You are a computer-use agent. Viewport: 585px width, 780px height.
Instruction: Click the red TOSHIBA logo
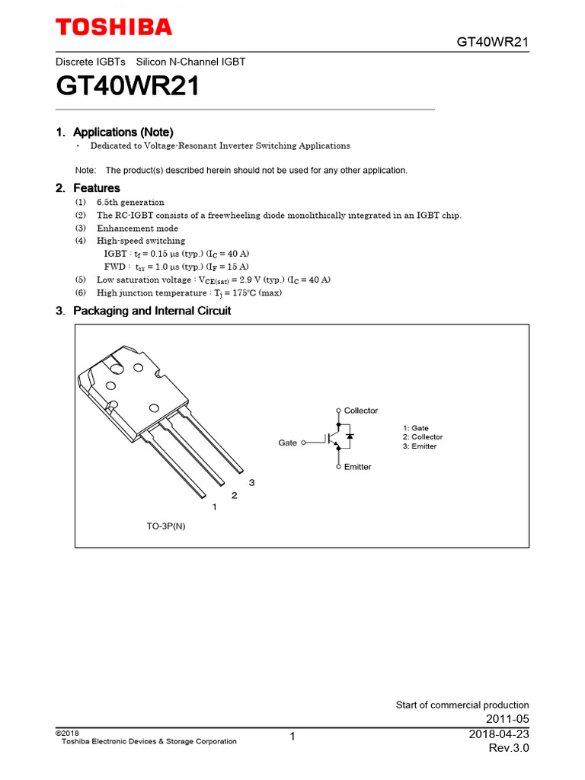click(114, 28)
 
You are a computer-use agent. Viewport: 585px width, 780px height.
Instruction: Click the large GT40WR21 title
click(128, 87)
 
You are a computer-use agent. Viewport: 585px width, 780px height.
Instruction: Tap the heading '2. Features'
click(88, 187)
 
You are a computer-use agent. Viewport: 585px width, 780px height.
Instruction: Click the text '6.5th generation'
click(130, 203)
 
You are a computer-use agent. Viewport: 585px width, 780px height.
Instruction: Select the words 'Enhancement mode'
click(137, 229)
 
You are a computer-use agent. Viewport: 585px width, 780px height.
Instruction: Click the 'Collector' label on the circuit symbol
click(360, 411)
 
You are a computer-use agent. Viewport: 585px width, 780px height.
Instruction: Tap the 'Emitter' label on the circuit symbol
click(357, 467)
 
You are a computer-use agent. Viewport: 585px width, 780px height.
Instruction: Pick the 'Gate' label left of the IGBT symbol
click(288, 443)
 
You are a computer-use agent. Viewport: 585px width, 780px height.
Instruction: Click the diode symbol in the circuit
click(350, 436)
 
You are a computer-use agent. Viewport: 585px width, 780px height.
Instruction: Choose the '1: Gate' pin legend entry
click(416, 428)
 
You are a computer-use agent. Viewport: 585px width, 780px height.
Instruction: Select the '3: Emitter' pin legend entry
click(420, 446)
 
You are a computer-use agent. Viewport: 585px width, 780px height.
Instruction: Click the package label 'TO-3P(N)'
click(166, 526)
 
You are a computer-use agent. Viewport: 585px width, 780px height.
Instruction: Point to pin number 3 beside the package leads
click(251, 483)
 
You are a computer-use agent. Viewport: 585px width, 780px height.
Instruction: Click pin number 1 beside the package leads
click(215, 507)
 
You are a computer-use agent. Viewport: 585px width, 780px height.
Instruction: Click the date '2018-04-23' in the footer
click(500, 734)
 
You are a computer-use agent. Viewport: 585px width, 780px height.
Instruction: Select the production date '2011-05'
click(507, 719)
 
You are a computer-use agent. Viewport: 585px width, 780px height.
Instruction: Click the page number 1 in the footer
click(292, 737)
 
